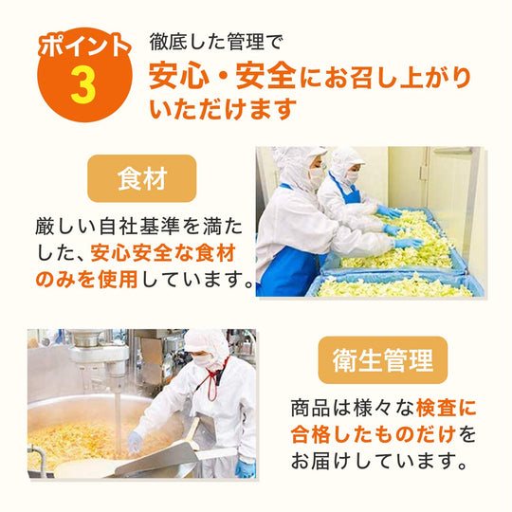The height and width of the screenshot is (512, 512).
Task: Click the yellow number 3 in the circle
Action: tap(83, 85)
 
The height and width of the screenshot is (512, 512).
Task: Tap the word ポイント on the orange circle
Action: tap(84, 46)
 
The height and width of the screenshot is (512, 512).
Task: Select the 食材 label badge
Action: tap(142, 178)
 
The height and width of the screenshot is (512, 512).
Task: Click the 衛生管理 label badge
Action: tap(383, 360)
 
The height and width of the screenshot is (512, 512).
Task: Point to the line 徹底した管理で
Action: tap(215, 42)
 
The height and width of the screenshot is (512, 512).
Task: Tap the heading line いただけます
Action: tap(223, 109)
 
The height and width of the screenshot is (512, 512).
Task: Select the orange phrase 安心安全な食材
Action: tap(163, 253)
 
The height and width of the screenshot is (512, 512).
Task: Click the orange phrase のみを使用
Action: tap(86, 280)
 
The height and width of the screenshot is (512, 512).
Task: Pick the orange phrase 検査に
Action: tap(446, 408)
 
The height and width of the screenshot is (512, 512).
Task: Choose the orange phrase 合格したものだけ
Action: tap(374, 434)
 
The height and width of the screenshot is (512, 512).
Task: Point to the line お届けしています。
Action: tap(380, 461)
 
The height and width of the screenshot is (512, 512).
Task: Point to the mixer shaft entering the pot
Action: tap(119, 420)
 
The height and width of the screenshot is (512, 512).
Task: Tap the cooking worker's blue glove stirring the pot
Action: tap(135, 442)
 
